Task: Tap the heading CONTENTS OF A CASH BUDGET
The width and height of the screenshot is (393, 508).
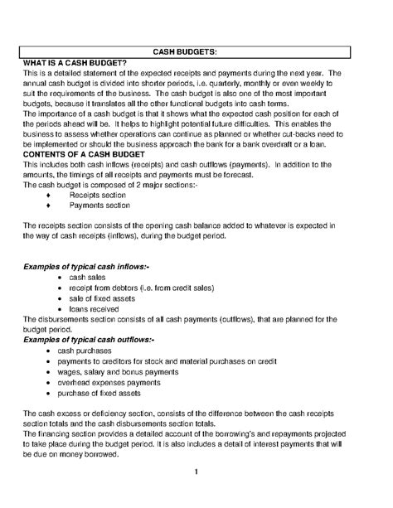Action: (x=85, y=155)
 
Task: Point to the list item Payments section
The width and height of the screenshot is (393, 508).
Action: (x=99, y=206)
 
